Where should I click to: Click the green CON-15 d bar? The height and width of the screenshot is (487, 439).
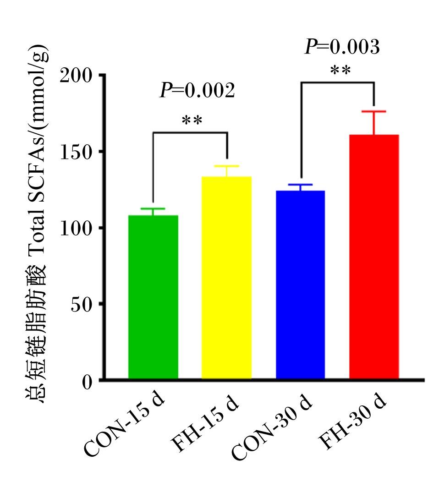[153, 297]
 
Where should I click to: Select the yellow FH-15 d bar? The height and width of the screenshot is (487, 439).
[226, 278]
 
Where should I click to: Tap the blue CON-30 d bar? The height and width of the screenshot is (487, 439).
[301, 285]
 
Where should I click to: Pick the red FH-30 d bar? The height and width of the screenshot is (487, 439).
[374, 257]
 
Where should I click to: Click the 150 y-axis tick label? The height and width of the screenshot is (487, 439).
[76, 152]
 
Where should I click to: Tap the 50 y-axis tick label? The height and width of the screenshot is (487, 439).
[82, 305]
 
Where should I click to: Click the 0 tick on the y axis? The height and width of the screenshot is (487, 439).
[88, 382]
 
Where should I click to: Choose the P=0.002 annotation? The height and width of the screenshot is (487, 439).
[197, 90]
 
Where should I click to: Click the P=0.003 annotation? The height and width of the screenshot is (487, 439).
[342, 47]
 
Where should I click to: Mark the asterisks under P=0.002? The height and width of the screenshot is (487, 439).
[192, 120]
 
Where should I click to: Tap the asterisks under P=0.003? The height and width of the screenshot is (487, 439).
[340, 70]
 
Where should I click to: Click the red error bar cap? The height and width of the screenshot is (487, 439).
[374, 111]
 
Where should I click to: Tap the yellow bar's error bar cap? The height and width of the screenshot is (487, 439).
[226, 166]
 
